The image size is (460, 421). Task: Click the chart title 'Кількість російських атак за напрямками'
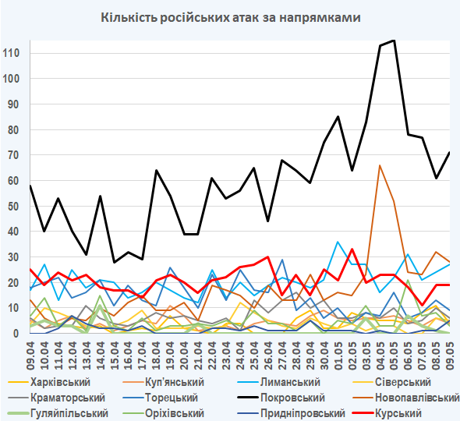(231, 18)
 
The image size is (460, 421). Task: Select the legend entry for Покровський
(281, 398)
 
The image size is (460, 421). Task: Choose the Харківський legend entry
(49, 382)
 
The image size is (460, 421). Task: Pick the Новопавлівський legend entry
(405, 398)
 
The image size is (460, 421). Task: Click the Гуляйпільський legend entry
(58, 413)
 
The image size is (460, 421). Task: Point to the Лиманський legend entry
(278, 382)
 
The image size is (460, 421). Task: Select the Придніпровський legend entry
(291, 413)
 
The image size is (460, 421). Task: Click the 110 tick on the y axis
(11, 53)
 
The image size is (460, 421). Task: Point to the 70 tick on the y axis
(13, 155)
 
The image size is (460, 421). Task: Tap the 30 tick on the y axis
(13, 257)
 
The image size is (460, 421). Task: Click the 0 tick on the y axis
(16, 333)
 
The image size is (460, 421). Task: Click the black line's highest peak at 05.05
(394, 41)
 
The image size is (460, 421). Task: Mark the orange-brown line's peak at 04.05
(380, 165)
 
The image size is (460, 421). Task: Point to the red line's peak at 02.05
(352, 249)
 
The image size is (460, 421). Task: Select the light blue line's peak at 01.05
(338, 242)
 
